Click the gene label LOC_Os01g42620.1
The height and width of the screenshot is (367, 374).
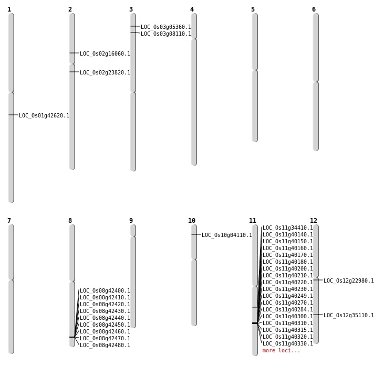coord(44,116)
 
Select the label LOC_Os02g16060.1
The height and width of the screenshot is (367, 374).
coord(105,54)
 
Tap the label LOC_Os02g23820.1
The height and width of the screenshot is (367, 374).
coord(105,72)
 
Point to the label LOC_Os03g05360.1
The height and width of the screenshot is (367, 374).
coord(166,27)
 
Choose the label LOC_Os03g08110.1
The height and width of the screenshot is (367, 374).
coord(166,34)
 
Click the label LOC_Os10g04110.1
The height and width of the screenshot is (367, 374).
coord(227,235)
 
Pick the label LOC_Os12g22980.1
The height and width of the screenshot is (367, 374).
coord(349,281)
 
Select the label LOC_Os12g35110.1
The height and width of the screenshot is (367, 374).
coord(349,315)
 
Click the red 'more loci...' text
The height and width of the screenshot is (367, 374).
coord(281,350)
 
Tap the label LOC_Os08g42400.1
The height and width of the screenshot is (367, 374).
coord(105,291)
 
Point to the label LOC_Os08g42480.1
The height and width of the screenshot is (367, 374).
coord(105,346)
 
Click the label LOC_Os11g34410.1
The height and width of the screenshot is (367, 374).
coord(288,228)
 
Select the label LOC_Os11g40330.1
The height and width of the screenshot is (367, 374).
coord(288,344)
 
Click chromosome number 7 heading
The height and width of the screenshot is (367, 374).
coord(9,221)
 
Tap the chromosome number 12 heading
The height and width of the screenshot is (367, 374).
coord(314,221)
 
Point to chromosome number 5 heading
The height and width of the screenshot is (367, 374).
coord(253,9)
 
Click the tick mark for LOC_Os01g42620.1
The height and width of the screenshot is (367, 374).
coord(13,115)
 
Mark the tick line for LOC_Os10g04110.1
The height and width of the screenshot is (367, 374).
coord(196,234)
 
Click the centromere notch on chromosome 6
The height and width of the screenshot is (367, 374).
coord(316,82)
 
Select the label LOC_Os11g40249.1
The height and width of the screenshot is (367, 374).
coord(288,296)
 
